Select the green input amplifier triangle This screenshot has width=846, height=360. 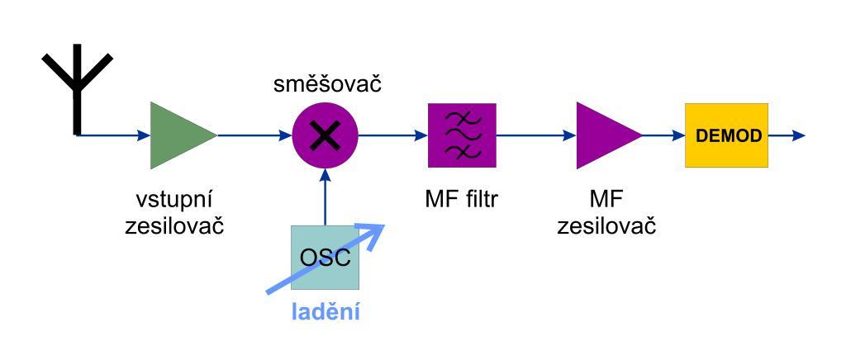[178, 135]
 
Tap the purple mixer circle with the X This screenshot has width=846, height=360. [326, 135]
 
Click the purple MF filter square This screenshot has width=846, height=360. [462, 135]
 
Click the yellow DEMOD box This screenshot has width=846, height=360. [726, 135]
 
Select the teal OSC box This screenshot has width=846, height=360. [325, 258]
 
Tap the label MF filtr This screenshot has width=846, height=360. [459, 201]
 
